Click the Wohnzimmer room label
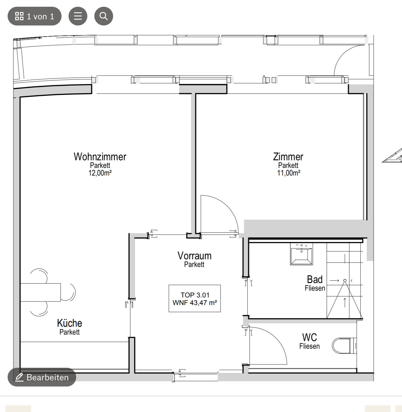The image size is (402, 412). [100, 157]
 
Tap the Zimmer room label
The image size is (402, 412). [288, 157]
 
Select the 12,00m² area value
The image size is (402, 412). [100, 173]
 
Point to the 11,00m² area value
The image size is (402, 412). [289, 173]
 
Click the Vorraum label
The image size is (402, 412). [195, 256]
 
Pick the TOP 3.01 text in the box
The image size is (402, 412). [195, 295]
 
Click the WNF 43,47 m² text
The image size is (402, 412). [195, 303]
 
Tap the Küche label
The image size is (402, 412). [69, 323]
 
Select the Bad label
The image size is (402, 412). [315, 280]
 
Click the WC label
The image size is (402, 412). [309, 338]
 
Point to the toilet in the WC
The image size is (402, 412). [344, 346]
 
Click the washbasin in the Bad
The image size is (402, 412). [301, 254]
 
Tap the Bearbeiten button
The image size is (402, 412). [42, 377]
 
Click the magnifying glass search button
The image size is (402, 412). [103, 16]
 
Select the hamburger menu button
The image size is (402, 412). [78, 16]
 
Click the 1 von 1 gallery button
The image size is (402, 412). [35, 16]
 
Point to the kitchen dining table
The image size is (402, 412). [40, 292]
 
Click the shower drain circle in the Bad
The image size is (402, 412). [345, 280]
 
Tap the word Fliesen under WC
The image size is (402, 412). [309, 346]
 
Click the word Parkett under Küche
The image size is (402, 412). [69, 332]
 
